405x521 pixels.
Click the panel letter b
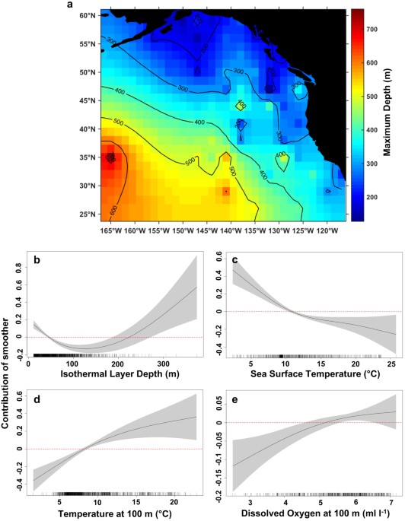point(35,262)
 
